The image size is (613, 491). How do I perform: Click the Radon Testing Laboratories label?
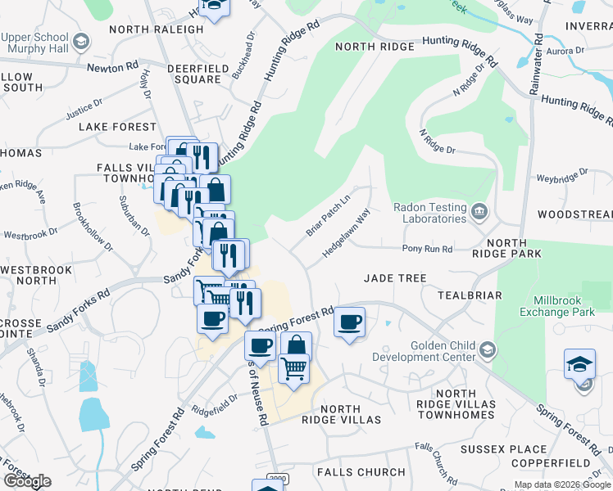[x=429, y=213]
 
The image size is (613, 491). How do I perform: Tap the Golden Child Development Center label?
[x=424, y=351]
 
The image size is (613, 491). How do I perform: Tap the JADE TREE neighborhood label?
[x=396, y=278]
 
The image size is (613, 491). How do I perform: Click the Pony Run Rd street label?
[x=427, y=249]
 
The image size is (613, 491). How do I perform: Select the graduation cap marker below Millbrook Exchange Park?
[x=579, y=364]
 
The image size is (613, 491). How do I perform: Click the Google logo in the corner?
[x=27, y=481]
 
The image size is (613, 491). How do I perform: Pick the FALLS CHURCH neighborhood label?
[x=361, y=472]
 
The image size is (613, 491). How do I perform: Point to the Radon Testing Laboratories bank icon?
[x=481, y=213]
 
